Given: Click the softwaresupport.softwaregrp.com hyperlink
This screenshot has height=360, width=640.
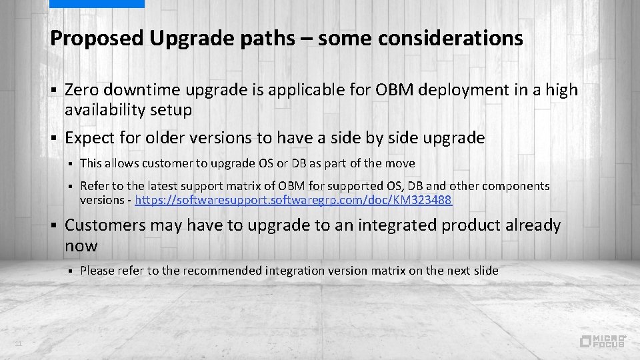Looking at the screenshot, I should [293, 200].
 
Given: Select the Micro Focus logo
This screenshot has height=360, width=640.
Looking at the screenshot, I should [603, 341].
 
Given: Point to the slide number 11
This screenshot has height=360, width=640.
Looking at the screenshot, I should [19, 343].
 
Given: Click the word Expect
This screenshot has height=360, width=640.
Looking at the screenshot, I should [90, 138].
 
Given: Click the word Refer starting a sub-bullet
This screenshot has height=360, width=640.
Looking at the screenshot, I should [93, 186].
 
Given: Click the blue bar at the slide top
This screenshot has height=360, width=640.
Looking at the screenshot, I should [97, 3].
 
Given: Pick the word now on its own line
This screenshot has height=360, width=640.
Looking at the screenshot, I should [81, 246].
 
